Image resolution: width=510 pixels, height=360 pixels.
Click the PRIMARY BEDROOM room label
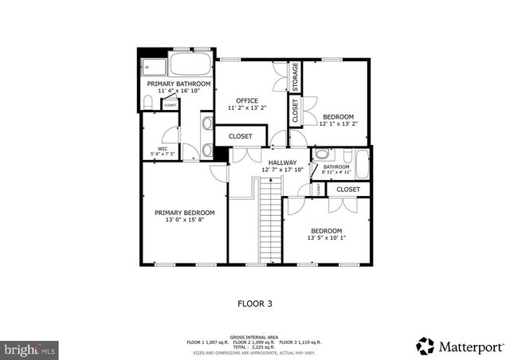coord(184,213)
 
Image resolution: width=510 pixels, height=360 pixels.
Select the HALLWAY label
coord(283,162)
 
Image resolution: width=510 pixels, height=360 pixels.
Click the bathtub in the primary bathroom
coord(190,65)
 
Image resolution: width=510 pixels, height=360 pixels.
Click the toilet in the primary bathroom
coord(149,101)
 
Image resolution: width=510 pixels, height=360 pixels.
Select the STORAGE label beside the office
coord(295,77)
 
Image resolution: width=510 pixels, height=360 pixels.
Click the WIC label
coord(163,148)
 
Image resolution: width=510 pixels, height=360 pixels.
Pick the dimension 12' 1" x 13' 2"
coord(339,123)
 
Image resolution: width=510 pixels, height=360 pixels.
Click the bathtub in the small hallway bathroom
coord(363,165)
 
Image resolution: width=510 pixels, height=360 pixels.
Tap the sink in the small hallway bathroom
coord(321,155)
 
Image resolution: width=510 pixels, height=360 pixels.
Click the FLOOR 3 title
coord(255,303)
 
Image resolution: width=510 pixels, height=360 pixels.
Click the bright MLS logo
coord(30,348)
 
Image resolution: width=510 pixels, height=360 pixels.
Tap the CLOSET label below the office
coord(241,136)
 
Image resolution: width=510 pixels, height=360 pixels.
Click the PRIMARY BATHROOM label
coord(178,84)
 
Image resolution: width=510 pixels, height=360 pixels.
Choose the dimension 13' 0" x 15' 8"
coord(184,221)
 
